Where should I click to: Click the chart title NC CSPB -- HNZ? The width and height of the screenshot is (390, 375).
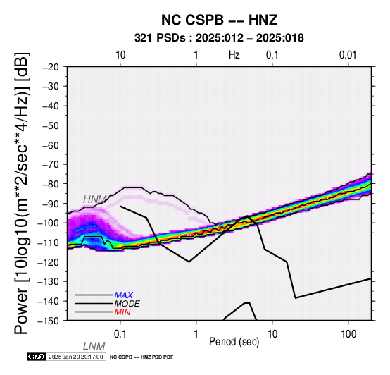pos(219,20)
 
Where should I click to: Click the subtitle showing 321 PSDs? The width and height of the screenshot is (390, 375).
pos(219,38)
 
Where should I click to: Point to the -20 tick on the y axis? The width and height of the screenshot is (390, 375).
pos(51,67)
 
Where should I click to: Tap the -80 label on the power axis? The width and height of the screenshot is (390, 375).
pos(51,184)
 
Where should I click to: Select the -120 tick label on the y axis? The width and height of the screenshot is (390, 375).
pos(49,262)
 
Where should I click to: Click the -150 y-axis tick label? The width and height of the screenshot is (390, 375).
pos(49,321)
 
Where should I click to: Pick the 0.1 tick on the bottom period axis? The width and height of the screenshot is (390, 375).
pos(120,334)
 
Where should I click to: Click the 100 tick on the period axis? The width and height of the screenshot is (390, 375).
pos(348,334)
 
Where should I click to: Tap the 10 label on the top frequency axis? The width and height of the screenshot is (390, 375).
pos(120,55)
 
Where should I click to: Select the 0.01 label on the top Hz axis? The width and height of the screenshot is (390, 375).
pos(348,55)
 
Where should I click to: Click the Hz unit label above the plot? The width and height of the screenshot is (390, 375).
pos(234,55)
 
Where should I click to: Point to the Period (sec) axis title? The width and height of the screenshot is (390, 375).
pos(234,342)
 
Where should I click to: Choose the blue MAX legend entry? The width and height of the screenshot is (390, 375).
pos(124,295)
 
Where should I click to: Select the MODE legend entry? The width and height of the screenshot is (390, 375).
pos(127,304)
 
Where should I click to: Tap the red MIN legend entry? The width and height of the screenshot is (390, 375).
pos(122,312)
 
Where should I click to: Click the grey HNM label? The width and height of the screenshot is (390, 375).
pos(95,199)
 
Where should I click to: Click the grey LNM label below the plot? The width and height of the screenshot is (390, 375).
pos(94,346)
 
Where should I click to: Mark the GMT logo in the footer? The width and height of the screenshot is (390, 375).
pos(37,357)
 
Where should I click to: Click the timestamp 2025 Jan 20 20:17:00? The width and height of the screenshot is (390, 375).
pos(75,357)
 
